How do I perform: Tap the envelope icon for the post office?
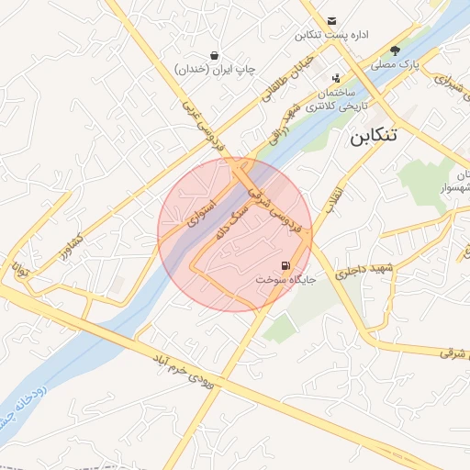click(x=331, y=20)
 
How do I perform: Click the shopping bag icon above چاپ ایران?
click(x=214, y=55)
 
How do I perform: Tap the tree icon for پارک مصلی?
click(x=396, y=50)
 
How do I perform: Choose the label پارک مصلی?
click(x=396, y=65)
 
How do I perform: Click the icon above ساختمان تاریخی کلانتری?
click(x=335, y=78)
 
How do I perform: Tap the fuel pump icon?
click(x=285, y=265)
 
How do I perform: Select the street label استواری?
click(x=201, y=213)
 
